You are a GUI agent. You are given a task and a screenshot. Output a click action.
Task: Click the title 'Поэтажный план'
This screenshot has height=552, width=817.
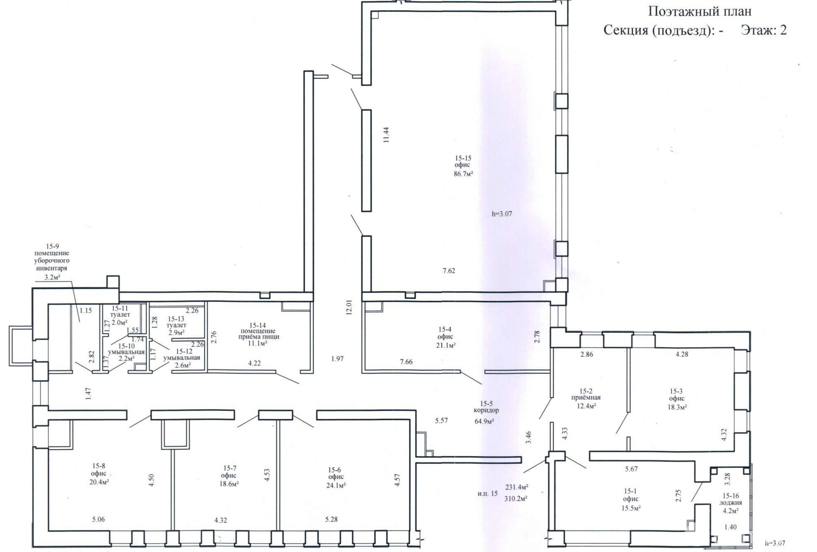(700, 11)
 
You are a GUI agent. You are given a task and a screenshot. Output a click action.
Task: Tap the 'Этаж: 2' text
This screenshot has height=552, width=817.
(764, 30)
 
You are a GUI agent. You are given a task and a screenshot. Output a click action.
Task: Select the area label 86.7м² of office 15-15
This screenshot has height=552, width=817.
(463, 174)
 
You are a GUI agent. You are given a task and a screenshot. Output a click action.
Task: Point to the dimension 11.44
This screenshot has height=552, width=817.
(386, 135)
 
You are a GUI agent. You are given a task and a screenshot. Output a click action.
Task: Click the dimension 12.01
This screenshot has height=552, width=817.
(349, 307)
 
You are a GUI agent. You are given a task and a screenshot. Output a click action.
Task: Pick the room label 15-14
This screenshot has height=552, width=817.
(258, 325)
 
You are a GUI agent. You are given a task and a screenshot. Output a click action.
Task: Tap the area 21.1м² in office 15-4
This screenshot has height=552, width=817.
(446, 345)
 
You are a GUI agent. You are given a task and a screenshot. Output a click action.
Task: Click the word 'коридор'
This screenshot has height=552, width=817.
(486, 410)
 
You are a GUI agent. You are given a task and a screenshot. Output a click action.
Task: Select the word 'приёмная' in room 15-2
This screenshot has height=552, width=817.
(586, 398)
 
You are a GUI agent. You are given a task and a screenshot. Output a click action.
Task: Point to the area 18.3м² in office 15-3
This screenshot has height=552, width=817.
(677, 407)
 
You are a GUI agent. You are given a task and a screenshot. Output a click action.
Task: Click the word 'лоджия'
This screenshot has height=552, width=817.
(731, 503)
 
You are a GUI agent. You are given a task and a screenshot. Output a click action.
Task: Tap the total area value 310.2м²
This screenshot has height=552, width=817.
(516, 498)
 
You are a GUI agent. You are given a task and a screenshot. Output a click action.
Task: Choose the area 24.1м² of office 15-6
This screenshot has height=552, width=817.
(336, 485)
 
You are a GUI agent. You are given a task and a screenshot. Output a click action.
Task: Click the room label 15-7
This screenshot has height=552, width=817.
(229, 468)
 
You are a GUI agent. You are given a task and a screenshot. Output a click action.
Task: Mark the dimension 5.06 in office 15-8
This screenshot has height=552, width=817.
(99, 519)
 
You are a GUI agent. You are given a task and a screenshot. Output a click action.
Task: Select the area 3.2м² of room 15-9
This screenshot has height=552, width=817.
(52, 277)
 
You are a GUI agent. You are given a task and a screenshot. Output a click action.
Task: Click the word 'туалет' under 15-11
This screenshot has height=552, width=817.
(120, 315)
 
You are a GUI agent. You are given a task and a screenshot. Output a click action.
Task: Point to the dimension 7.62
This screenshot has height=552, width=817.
(449, 270)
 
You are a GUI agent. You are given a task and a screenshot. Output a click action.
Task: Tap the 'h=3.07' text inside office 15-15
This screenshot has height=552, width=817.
(502, 214)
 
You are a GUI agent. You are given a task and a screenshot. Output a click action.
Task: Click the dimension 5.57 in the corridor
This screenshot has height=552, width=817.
(441, 421)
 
